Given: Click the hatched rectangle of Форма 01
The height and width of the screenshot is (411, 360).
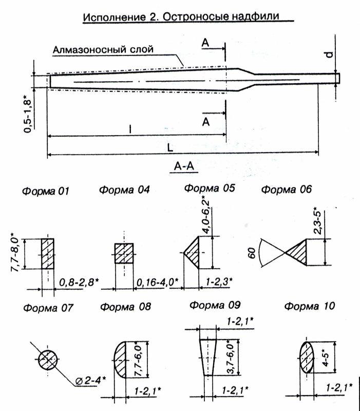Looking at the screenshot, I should tap(48, 253).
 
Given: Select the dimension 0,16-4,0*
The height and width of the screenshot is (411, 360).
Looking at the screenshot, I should tap(157, 282).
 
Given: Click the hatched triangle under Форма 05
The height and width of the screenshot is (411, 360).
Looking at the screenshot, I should tap(194, 253).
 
